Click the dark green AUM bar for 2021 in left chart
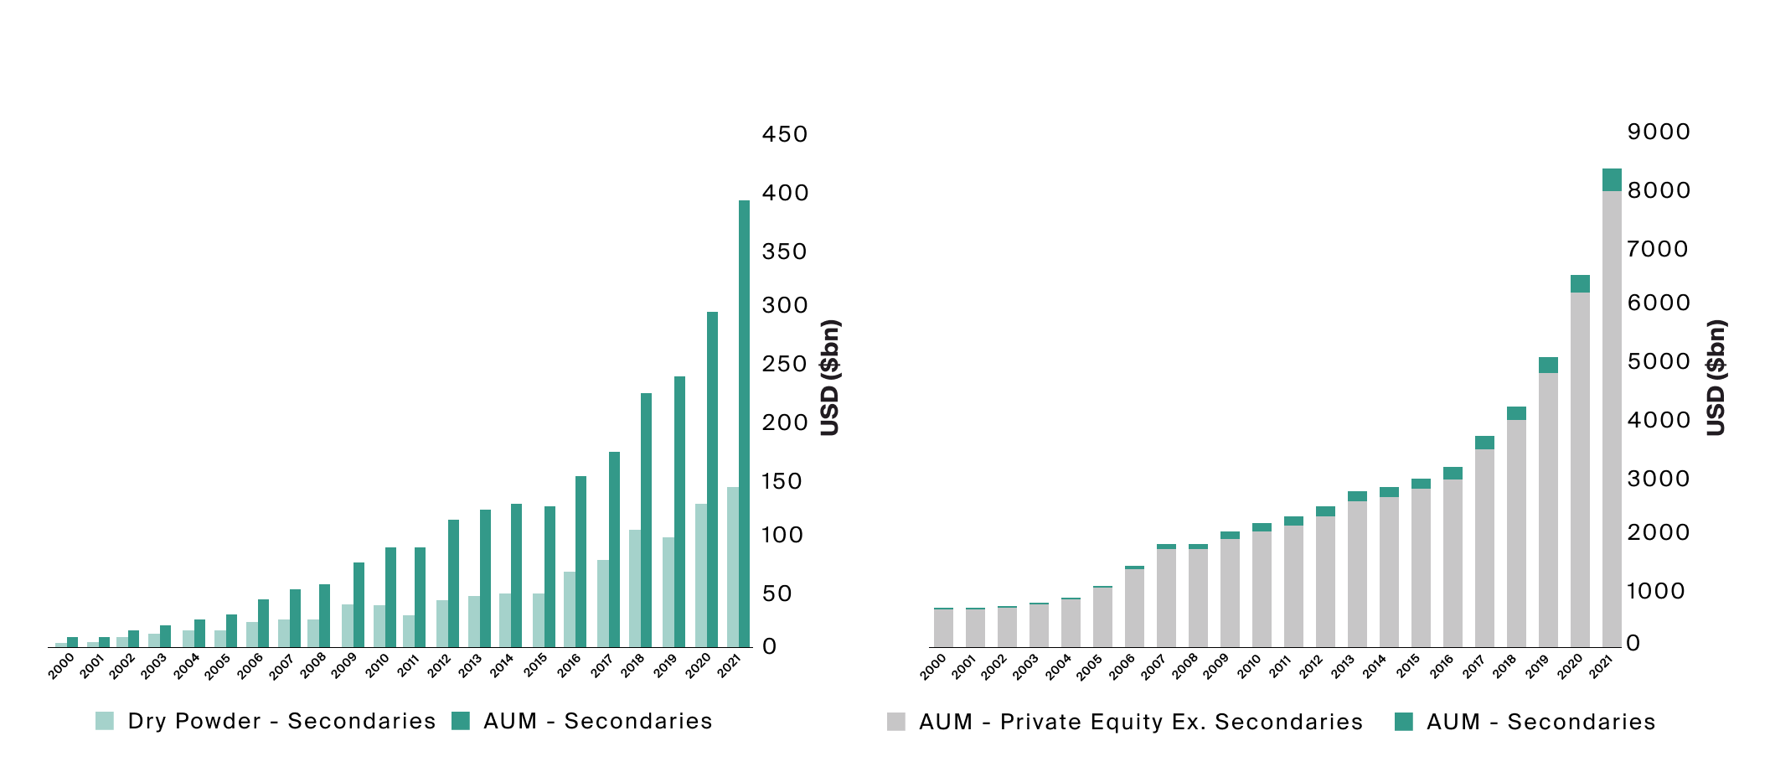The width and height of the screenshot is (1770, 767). (744, 423)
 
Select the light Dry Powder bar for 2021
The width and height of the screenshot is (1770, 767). (733, 567)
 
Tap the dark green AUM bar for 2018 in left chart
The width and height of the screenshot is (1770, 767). (646, 520)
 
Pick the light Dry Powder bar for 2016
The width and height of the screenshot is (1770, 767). (570, 609)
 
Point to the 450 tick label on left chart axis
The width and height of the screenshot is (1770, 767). (785, 134)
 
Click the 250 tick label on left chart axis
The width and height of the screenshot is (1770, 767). (785, 364)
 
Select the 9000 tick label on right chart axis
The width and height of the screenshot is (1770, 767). (1659, 132)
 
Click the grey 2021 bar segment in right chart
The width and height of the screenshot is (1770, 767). (1612, 419)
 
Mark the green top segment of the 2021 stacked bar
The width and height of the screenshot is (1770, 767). (1612, 179)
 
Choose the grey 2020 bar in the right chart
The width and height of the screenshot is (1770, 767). (1580, 469)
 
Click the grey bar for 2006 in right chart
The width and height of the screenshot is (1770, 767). (1134, 608)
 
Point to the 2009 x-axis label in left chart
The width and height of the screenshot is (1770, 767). (344, 666)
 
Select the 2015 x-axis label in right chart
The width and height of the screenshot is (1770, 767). (1409, 666)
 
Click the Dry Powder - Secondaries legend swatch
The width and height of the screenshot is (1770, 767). (105, 721)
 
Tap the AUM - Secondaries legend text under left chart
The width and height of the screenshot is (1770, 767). (597, 721)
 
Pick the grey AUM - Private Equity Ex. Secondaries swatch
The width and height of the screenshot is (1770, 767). (896, 722)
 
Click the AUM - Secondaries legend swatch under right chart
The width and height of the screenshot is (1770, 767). (1404, 722)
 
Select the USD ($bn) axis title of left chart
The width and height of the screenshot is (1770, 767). (829, 377)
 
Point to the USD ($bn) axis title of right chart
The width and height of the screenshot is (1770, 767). (1716, 377)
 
